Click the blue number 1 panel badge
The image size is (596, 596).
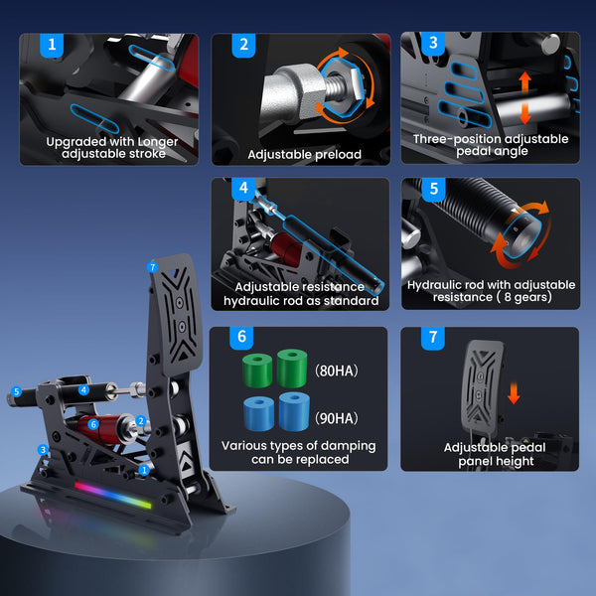(x=52, y=45)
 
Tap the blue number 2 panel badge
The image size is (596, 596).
(x=243, y=45)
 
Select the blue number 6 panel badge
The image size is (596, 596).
(x=241, y=337)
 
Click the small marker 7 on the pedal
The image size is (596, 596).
(x=152, y=267)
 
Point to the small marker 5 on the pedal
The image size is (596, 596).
(x=16, y=391)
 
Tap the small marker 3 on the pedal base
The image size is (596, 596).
(x=43, y=450)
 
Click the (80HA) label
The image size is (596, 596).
(x=337, y=371)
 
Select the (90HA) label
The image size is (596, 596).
(x=337, y=418)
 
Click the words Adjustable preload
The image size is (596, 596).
(x=305, y=154)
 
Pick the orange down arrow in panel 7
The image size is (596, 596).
(x=514, y=393)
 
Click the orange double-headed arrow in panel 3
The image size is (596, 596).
(x=524, y=97)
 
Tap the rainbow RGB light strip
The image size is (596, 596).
(x=113, y=496)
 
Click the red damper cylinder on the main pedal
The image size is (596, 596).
(x=100, y=429)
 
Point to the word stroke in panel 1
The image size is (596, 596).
(x=147, y=154)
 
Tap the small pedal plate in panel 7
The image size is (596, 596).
(x=482, y=387)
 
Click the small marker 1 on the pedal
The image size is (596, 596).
(x=144, y=471)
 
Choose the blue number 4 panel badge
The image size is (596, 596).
(x=243, y=189)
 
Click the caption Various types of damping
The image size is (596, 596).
(x=298, y=445)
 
